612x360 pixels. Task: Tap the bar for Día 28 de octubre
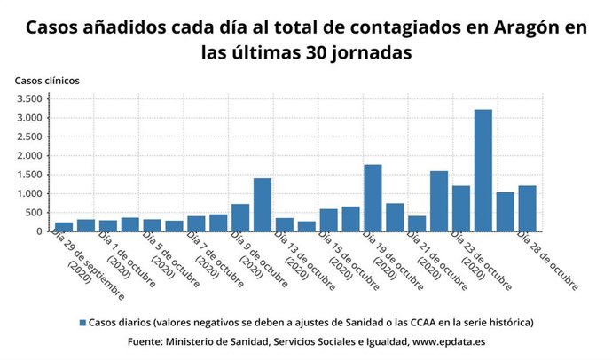point(527,208)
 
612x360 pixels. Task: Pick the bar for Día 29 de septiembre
point(64,226)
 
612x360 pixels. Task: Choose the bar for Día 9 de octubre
point(240,217)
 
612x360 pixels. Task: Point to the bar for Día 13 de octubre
point(285,224)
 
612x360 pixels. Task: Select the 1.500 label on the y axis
point(28,175)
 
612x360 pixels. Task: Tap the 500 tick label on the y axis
point(34,213)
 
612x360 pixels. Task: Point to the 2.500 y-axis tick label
point(28,137)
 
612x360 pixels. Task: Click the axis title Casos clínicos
point(47,80)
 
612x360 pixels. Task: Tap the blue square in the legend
point(82,323)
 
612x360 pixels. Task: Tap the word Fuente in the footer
point(147,341)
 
